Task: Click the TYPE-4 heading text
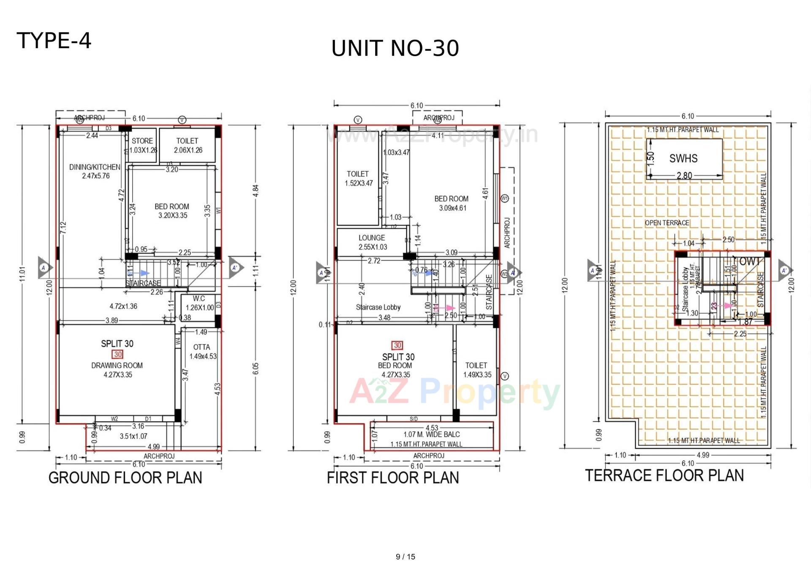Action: (x=54, y=41)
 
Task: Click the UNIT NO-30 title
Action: (x=395, y=48)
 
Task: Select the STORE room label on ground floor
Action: (x=142, y=141)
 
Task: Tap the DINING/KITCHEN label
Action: (x=95, y=167)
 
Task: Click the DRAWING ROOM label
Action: (x=117, y=365)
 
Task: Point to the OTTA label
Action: (x=201, y=347)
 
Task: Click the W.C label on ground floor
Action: (x=199, y=299)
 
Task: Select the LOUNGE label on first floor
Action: (x=372, y=238)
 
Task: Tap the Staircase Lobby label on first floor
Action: (x=378, y=307)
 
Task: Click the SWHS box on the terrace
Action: (x=683, y=159)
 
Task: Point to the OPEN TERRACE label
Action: (x=667, y=223)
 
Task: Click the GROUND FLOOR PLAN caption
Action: (x=125, y=478)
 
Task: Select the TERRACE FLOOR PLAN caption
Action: (x=664, y=475)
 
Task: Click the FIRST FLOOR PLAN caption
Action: (x=393, y=478)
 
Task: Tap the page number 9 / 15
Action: (x=405, y=557)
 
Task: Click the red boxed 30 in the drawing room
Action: (x=117, y=355)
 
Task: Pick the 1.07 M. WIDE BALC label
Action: (x=431, y=435)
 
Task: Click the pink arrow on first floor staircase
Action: (x=449, y=308)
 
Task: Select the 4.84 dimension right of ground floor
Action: (x=256, y=190)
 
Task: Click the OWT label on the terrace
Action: (x=749, y=261)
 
